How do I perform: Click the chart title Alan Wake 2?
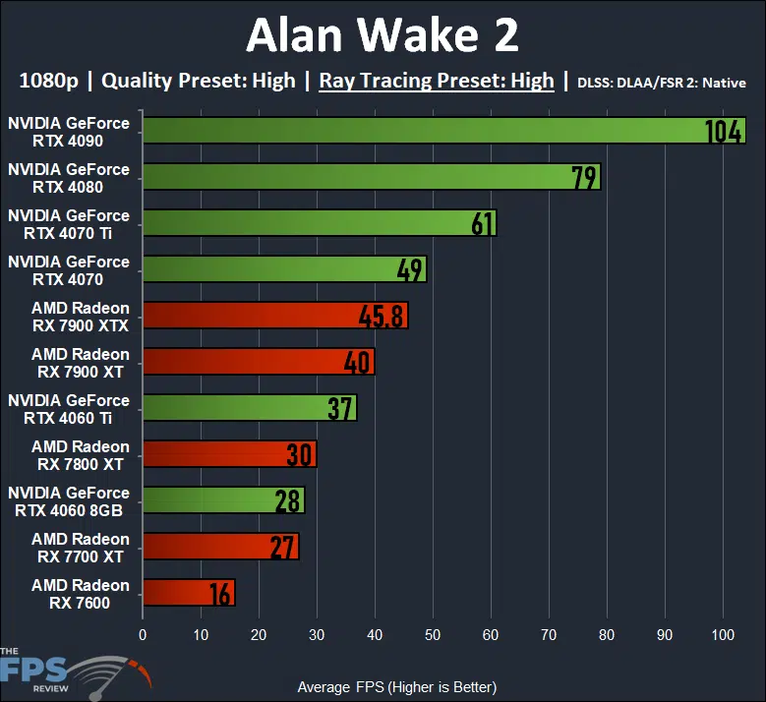[383, 35]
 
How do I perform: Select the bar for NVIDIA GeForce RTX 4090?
[423, 131]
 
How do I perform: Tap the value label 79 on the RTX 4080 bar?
[585, 177]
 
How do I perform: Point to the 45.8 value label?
[383, 316]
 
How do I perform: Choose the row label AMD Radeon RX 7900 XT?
[80, 362]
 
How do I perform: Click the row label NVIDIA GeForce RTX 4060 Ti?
[69, 408]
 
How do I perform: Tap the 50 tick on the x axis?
[433, 634]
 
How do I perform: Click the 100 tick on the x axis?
[723, 634]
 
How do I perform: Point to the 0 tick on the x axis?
[143, 634]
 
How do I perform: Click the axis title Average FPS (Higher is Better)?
[396, 686]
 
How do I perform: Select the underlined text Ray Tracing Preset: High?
[437, 81]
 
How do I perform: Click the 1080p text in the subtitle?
[47, 81]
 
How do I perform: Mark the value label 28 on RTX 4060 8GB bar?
[287, 500]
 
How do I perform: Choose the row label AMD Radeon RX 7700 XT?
[80, 547]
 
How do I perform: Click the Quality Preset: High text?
[198, 81]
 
